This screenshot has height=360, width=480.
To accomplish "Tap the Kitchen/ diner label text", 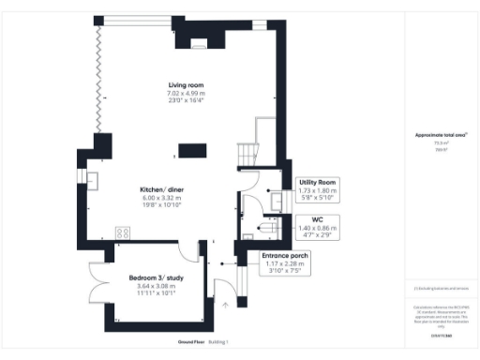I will [x=155, y=189].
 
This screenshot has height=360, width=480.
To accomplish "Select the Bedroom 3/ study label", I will [x=156, y=277].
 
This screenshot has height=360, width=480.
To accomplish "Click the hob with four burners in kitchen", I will [x=122, y=232].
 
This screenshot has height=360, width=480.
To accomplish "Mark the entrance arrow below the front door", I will [x=225, y=304].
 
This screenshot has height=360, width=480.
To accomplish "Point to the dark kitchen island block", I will [x=191, y=149].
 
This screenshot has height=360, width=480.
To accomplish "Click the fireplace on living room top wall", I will [x=199, y=40].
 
